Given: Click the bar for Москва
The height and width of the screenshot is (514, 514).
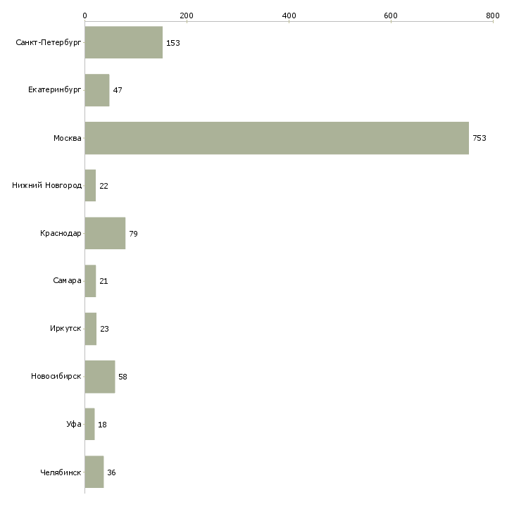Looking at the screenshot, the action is [277, 138].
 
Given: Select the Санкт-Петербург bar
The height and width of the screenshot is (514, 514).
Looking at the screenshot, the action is [124, 42].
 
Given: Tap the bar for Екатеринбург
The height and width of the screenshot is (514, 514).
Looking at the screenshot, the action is [97, 90].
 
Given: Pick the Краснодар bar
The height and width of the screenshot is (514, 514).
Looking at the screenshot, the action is [105, 233].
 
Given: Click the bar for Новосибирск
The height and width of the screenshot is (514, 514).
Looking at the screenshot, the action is [100, 377].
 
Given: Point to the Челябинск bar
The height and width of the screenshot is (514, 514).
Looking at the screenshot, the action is [94, 472].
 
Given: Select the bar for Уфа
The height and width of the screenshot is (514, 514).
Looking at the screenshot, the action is [90, 424].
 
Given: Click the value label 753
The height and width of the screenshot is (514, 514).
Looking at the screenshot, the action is [479, 138].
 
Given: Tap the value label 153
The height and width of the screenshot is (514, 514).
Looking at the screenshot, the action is [173, 43].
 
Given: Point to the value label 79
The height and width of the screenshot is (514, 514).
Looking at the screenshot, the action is [133, 234].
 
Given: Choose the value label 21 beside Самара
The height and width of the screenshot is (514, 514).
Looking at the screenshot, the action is [104, 281].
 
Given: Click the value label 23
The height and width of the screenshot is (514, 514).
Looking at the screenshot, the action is [104, 329].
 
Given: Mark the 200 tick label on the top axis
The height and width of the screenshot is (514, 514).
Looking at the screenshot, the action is [187, 15].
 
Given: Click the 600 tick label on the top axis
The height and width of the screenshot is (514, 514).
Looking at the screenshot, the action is [391, 15].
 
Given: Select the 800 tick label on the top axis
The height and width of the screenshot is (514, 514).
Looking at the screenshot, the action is [493, 15].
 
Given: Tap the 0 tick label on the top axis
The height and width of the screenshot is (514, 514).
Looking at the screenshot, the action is [85, 15].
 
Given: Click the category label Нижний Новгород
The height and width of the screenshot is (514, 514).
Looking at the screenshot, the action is [47, 185].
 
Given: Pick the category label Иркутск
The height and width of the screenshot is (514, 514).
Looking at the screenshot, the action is [65, 328].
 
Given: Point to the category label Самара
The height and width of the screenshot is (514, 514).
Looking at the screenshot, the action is [67, 281].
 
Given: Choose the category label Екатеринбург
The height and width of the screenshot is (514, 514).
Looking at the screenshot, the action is [54, 90].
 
